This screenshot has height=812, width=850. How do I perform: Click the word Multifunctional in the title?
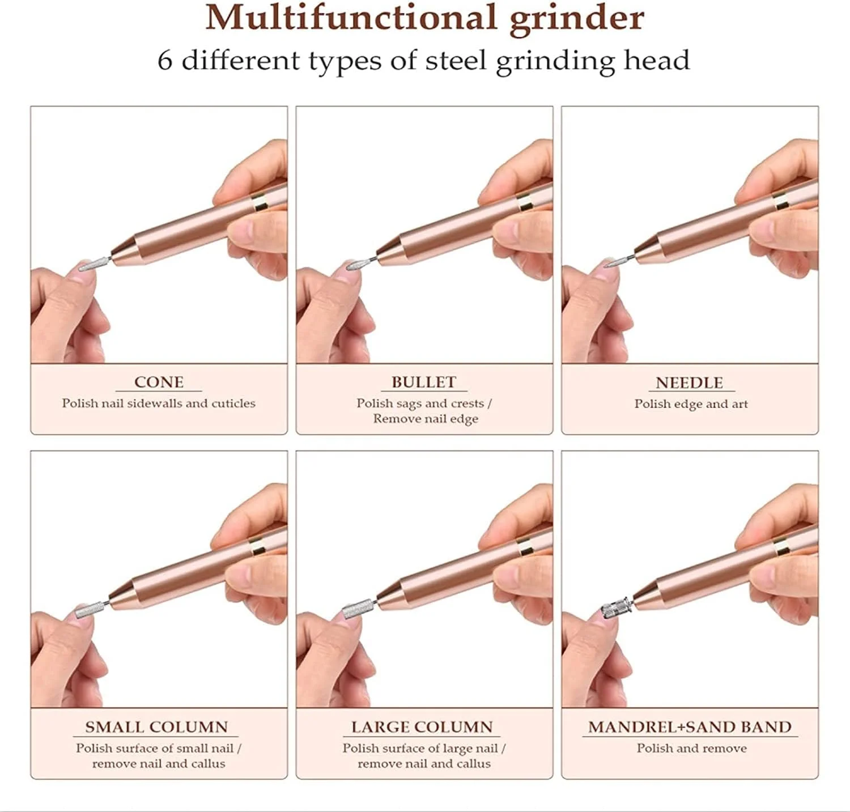click(x=351, y=18)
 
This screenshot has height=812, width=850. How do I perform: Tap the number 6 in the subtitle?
click(x=164, y=61)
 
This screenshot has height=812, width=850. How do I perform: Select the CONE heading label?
click(x=159, y=382)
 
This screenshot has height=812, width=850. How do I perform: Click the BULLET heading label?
click(x=423, y=382)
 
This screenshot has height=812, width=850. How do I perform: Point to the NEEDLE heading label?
click(x=689, y=382)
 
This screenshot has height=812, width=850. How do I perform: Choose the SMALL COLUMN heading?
click(x=156, y=727)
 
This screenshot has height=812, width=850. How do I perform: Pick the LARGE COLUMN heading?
click(x=422, y=727)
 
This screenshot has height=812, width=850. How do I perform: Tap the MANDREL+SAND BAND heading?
click(x=690, y=727)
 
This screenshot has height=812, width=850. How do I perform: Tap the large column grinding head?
click(x=355, y=610)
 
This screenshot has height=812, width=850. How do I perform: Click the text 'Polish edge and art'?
click(x=691, y=404)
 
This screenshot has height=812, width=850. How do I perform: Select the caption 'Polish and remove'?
click(x=691, y=748)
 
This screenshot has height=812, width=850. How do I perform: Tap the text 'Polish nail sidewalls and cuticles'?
click(x=159, y=403)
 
